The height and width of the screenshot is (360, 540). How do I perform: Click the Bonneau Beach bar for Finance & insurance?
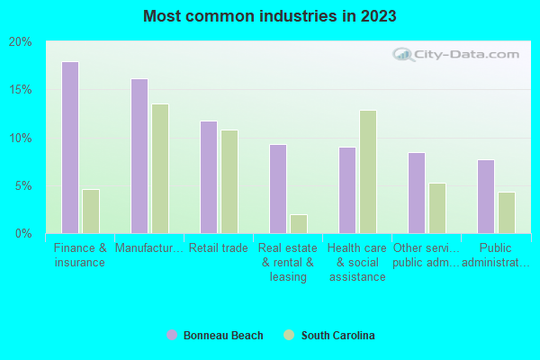(70, 148)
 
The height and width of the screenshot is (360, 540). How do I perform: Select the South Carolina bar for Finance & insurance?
(91, 211)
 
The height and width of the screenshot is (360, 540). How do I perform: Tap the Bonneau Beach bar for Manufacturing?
(139, 156)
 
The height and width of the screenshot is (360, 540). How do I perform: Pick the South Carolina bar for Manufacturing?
(160, 168)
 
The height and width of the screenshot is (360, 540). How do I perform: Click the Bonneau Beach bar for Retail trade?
(209, 177)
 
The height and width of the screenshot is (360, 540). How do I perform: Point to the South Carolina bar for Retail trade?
(229, 182)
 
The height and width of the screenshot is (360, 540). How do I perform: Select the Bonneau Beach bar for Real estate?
(278, 189)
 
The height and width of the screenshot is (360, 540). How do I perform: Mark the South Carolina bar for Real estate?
(299, 224)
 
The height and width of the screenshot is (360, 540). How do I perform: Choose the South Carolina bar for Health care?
(368, 172)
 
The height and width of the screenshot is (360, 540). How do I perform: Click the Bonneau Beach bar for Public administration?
(486, 196)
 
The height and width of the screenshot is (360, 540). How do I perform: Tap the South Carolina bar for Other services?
(437, 208)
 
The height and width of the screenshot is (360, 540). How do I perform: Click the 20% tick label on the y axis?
(20, 42)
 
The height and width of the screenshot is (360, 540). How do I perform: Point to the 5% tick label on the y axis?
(23, 186)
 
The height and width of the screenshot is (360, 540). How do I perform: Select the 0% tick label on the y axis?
(23, 234)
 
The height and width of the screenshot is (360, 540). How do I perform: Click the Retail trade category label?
(220, 248)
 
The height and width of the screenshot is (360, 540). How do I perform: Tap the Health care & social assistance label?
(357, 262)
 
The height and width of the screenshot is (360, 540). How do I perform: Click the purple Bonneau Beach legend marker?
(172, 336)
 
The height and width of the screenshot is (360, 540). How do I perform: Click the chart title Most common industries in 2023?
(269, 16)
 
